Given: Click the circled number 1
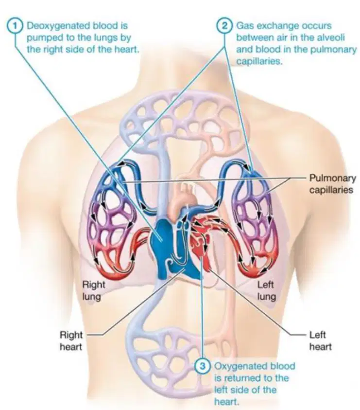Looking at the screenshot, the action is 16,26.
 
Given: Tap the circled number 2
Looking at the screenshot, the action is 224,26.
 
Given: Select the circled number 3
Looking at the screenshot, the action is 203,366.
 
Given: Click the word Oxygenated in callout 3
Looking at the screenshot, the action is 237,366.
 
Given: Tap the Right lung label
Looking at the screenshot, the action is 94,290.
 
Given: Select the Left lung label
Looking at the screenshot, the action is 266,290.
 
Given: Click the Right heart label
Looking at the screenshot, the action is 71,341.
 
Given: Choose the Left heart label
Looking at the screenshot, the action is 321,341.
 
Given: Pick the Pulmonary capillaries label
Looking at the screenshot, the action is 332,184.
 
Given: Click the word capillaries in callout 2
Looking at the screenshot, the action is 259,61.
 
